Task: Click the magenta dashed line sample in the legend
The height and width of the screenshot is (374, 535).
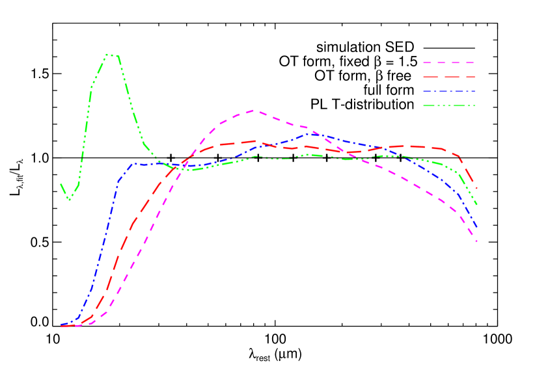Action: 448,63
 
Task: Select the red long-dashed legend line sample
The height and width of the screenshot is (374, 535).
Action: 448,77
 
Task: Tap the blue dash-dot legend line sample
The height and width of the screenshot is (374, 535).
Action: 448,92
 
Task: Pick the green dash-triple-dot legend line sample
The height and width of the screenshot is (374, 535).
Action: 448,105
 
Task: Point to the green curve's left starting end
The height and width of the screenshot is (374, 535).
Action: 61,184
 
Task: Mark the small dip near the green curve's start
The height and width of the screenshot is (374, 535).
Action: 70,199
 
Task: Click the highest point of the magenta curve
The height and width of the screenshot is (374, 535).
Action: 255,111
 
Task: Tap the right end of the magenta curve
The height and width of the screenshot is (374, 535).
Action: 477,241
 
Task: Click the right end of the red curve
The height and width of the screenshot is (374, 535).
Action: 477,189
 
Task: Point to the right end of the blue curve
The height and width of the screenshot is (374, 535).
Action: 477,227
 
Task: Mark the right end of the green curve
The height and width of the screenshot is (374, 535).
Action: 477,205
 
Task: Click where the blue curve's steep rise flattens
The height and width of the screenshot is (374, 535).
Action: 133,164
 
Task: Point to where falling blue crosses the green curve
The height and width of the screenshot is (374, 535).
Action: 407,157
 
